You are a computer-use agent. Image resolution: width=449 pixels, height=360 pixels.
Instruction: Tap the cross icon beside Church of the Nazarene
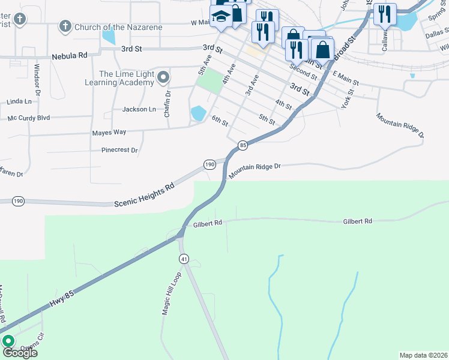pos(65,27)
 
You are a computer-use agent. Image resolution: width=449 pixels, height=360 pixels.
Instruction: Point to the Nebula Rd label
pos(69,55)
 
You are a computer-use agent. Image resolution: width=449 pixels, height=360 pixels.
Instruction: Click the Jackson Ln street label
pos(139,109)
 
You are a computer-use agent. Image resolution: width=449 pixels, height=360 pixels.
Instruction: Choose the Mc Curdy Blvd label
pos(28,118)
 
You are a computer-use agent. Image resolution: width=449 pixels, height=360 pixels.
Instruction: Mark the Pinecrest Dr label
pos(119,150)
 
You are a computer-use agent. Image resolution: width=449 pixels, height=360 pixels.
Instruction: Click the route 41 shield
pos(183,259)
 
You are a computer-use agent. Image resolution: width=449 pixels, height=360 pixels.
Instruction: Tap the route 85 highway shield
pos(243,145)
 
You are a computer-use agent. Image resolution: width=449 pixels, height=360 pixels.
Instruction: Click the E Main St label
pos(346,77)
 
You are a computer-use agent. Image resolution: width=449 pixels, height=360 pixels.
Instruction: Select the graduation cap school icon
pos(221,16)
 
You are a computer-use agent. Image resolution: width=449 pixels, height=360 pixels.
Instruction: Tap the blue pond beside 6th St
pos(197,113)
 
